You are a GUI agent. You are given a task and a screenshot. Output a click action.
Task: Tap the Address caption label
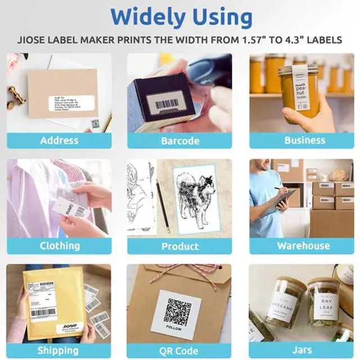[x=59, y=140]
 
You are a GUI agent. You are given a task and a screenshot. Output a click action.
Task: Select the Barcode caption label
[x=179, y=140]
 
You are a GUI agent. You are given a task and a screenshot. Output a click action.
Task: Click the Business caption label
[x=304, y=140]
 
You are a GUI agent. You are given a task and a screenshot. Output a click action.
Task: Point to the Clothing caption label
[x=59, y=246]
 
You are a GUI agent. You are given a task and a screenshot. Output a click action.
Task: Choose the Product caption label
[x=179, y=246]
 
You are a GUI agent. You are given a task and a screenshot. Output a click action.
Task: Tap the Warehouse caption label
[x=304, y=246]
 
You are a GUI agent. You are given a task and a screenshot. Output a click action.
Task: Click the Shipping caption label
[x=59, y=350]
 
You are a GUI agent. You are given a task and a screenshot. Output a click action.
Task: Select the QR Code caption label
[x=179, y=350]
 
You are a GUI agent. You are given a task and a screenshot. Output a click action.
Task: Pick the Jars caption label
[x=302, y=350]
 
